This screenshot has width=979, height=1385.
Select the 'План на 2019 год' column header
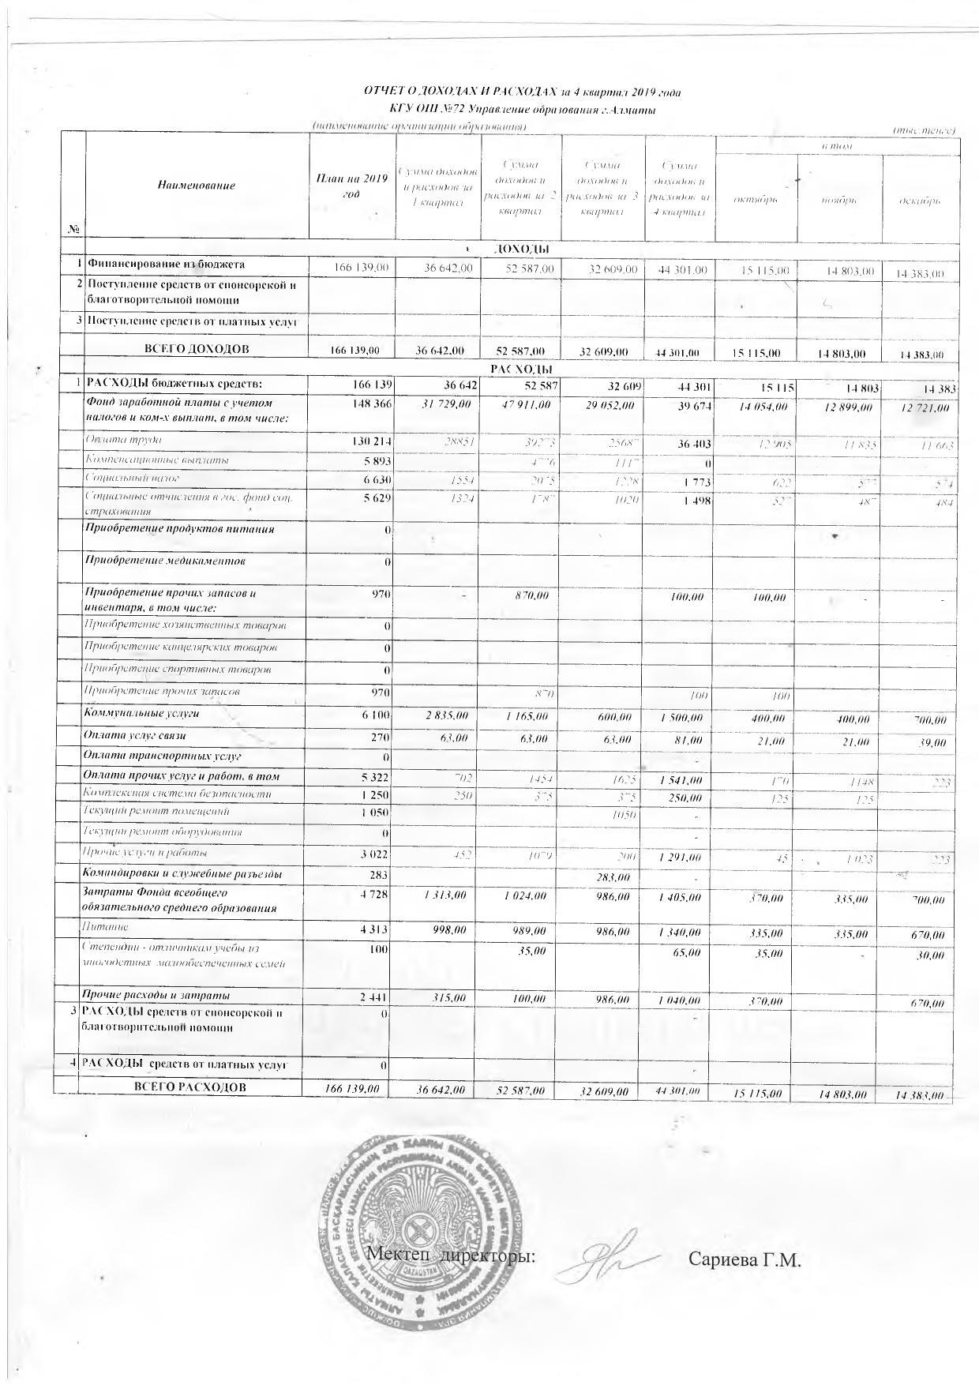point(351,186)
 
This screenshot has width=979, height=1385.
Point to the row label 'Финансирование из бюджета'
point(167,265)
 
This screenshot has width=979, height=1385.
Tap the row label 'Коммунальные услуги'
point(142,713)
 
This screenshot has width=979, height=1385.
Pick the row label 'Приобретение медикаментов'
point(165,561)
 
